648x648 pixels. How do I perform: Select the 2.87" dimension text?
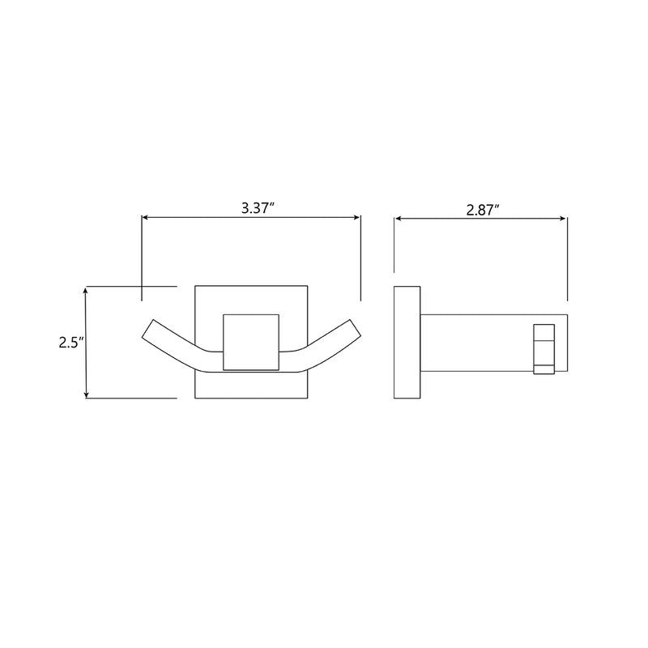[482, 208]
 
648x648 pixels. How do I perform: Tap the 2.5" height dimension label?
[70, 343]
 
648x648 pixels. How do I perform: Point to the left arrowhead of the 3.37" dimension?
[146, 217]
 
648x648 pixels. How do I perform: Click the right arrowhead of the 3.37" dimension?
[356, 217]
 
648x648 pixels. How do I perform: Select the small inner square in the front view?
[251, 341]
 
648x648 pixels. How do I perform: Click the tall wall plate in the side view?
[406, 342]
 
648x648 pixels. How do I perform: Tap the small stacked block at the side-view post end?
[544, 349]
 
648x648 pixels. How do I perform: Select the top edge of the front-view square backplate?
[251, 285]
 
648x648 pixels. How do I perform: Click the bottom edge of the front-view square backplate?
[251, 399]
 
